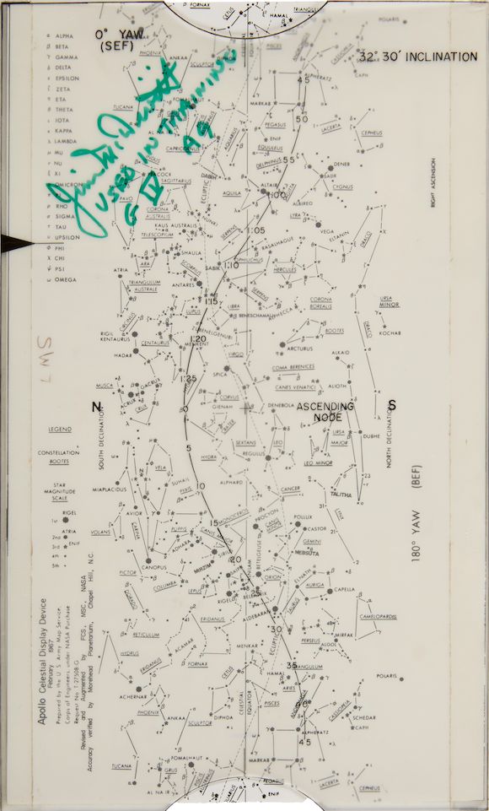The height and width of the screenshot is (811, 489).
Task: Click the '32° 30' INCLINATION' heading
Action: pos(418,57)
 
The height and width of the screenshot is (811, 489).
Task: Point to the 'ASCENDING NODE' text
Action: pos(325,412)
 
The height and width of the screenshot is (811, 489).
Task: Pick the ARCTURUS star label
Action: pos(299,349)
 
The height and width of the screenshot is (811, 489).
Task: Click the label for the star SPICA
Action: pos(222,373)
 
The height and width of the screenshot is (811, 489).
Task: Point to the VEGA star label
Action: pos(327,232)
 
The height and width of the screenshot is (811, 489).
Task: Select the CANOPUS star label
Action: pos(153,567)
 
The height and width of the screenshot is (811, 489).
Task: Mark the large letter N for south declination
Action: pos(96,407)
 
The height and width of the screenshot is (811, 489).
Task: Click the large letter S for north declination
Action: pos(391,405)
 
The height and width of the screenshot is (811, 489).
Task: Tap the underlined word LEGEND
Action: pos(59,430)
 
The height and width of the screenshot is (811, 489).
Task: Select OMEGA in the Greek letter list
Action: pos(65,279)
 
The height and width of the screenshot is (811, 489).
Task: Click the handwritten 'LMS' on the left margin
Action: pos(43,348)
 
